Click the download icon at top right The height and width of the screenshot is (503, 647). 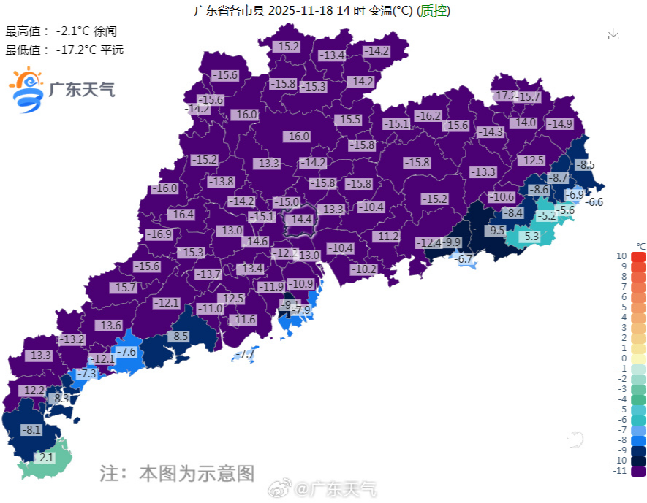(613, 34)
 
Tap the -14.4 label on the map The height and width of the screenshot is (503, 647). (299, 219)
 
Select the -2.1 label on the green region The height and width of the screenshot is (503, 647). (45, 458)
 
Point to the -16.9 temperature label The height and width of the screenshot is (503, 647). (158, 234)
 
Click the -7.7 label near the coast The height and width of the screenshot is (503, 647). (246, 354)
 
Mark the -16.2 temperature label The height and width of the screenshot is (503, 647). (428, 116)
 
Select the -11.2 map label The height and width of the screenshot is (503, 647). (386, 236)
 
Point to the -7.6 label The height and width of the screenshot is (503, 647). (127, 352)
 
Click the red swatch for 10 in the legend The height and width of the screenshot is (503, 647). (638, 256)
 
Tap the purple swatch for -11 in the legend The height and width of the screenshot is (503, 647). (638, 471)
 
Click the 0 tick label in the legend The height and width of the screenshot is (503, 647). (624, 358)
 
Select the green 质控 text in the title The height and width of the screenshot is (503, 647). (434, 10)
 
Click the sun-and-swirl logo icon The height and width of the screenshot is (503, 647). (26, 89)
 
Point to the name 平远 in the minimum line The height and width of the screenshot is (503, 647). (112, 50)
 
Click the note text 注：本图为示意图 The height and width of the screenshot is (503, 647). (177, 472)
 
